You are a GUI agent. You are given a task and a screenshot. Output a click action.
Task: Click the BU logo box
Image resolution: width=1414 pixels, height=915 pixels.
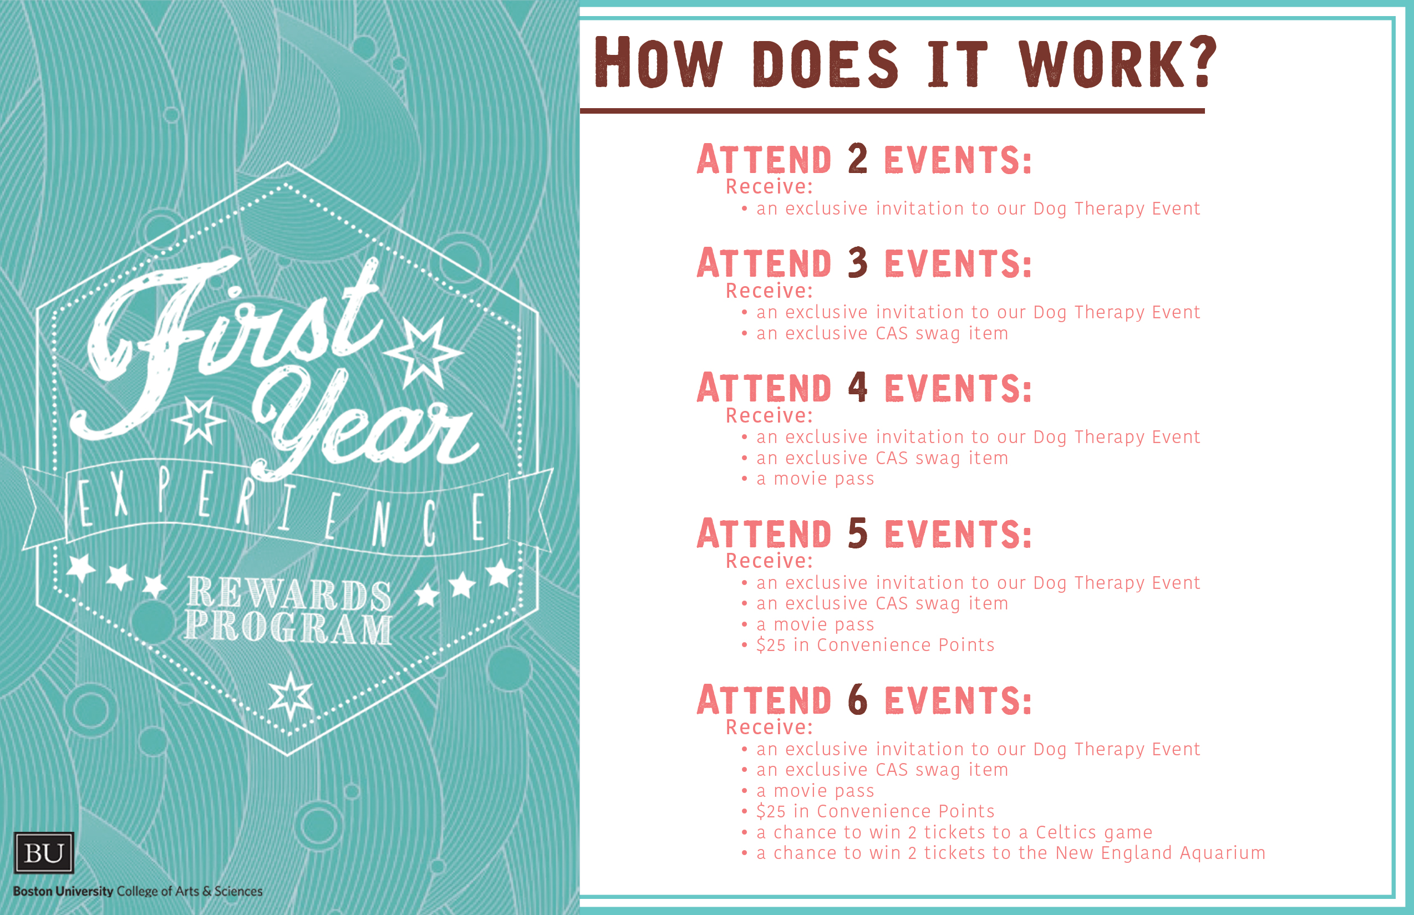click(x=44, y=853)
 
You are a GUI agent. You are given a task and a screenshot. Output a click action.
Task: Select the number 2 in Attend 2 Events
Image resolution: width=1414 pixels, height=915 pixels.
click(x=858, y=159)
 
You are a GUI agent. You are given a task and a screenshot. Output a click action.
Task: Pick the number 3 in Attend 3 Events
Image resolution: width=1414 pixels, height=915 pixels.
click(x=858, y=263)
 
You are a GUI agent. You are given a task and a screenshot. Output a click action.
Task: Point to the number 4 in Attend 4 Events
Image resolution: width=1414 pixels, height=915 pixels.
click(x=858, y=387)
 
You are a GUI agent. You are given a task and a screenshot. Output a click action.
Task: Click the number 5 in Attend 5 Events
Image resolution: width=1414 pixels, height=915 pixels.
click(x=858, y=532)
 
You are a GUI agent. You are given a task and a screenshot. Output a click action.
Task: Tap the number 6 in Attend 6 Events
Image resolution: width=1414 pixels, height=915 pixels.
click(x=858, y=699)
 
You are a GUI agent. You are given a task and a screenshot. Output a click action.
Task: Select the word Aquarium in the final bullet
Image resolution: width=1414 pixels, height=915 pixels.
click(x=1222, y=853)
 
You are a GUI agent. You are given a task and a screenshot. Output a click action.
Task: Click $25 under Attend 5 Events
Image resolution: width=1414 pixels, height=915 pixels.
click(x=771, y=645)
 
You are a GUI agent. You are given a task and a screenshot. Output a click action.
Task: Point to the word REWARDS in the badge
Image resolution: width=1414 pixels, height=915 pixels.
click(x=289, y=593)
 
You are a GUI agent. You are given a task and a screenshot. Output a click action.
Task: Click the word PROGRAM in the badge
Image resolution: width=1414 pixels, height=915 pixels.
click(x=288, y=627)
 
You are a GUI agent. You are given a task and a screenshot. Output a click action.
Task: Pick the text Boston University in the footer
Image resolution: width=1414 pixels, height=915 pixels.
click(x=63, y=891)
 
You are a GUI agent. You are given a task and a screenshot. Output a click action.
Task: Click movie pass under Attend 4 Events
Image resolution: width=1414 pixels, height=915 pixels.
click(x=823, y=479)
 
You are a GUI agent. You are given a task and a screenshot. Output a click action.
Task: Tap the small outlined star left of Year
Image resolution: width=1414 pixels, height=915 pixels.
click(x=199, y=419)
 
